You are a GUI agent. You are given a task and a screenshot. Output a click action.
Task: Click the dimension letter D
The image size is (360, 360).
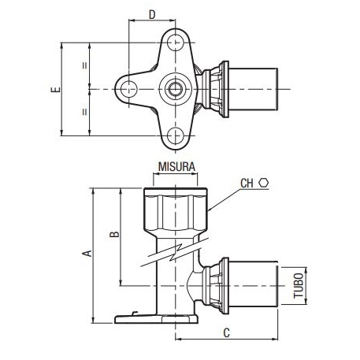click(x=151, y=13)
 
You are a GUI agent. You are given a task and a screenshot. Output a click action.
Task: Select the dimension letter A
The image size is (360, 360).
click(x=88, y=252)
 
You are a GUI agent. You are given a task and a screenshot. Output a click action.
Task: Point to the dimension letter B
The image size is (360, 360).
click(x=113, y=234)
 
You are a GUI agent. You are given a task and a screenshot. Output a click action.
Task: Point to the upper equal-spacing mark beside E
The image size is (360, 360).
click(x=84, y=65)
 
